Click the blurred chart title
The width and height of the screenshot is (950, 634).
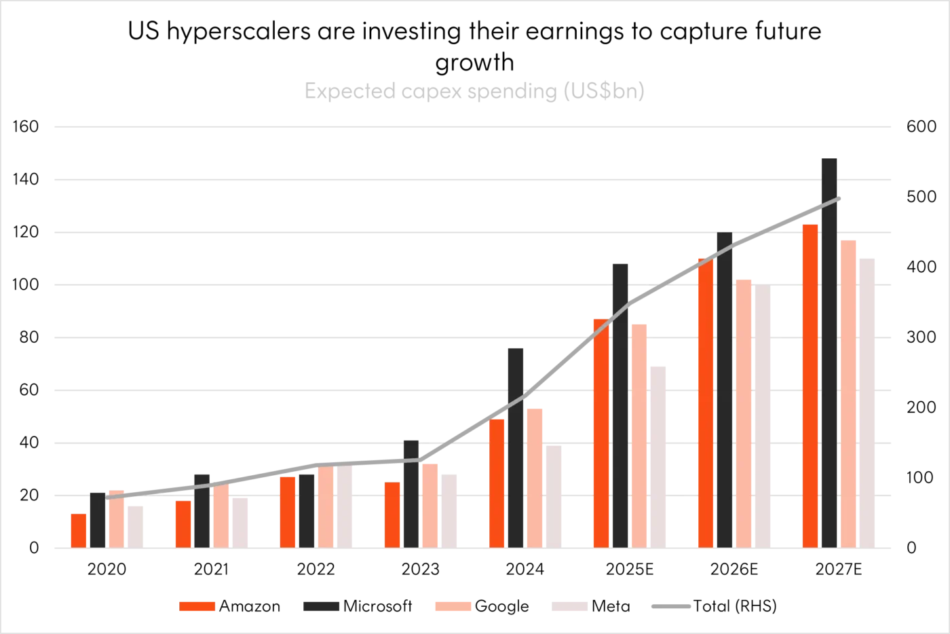coord(474,92)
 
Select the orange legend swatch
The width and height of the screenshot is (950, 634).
coord(197,605)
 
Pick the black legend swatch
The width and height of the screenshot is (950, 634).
coord(320,605)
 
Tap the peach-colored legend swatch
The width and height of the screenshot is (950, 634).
coord(453,605)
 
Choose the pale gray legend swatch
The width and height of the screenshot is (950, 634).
coord(569,605)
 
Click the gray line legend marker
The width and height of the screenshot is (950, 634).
coord(670,608)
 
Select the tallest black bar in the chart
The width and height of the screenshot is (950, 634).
coord(830,353)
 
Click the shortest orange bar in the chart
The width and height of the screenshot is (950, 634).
coord(79,529)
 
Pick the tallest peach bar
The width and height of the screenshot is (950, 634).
coord(848,394)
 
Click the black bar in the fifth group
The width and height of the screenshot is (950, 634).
coord(516,448)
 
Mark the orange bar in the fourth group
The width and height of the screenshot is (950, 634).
coord(392,514)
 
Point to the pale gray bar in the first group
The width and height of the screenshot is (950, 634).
coord(136,526)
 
